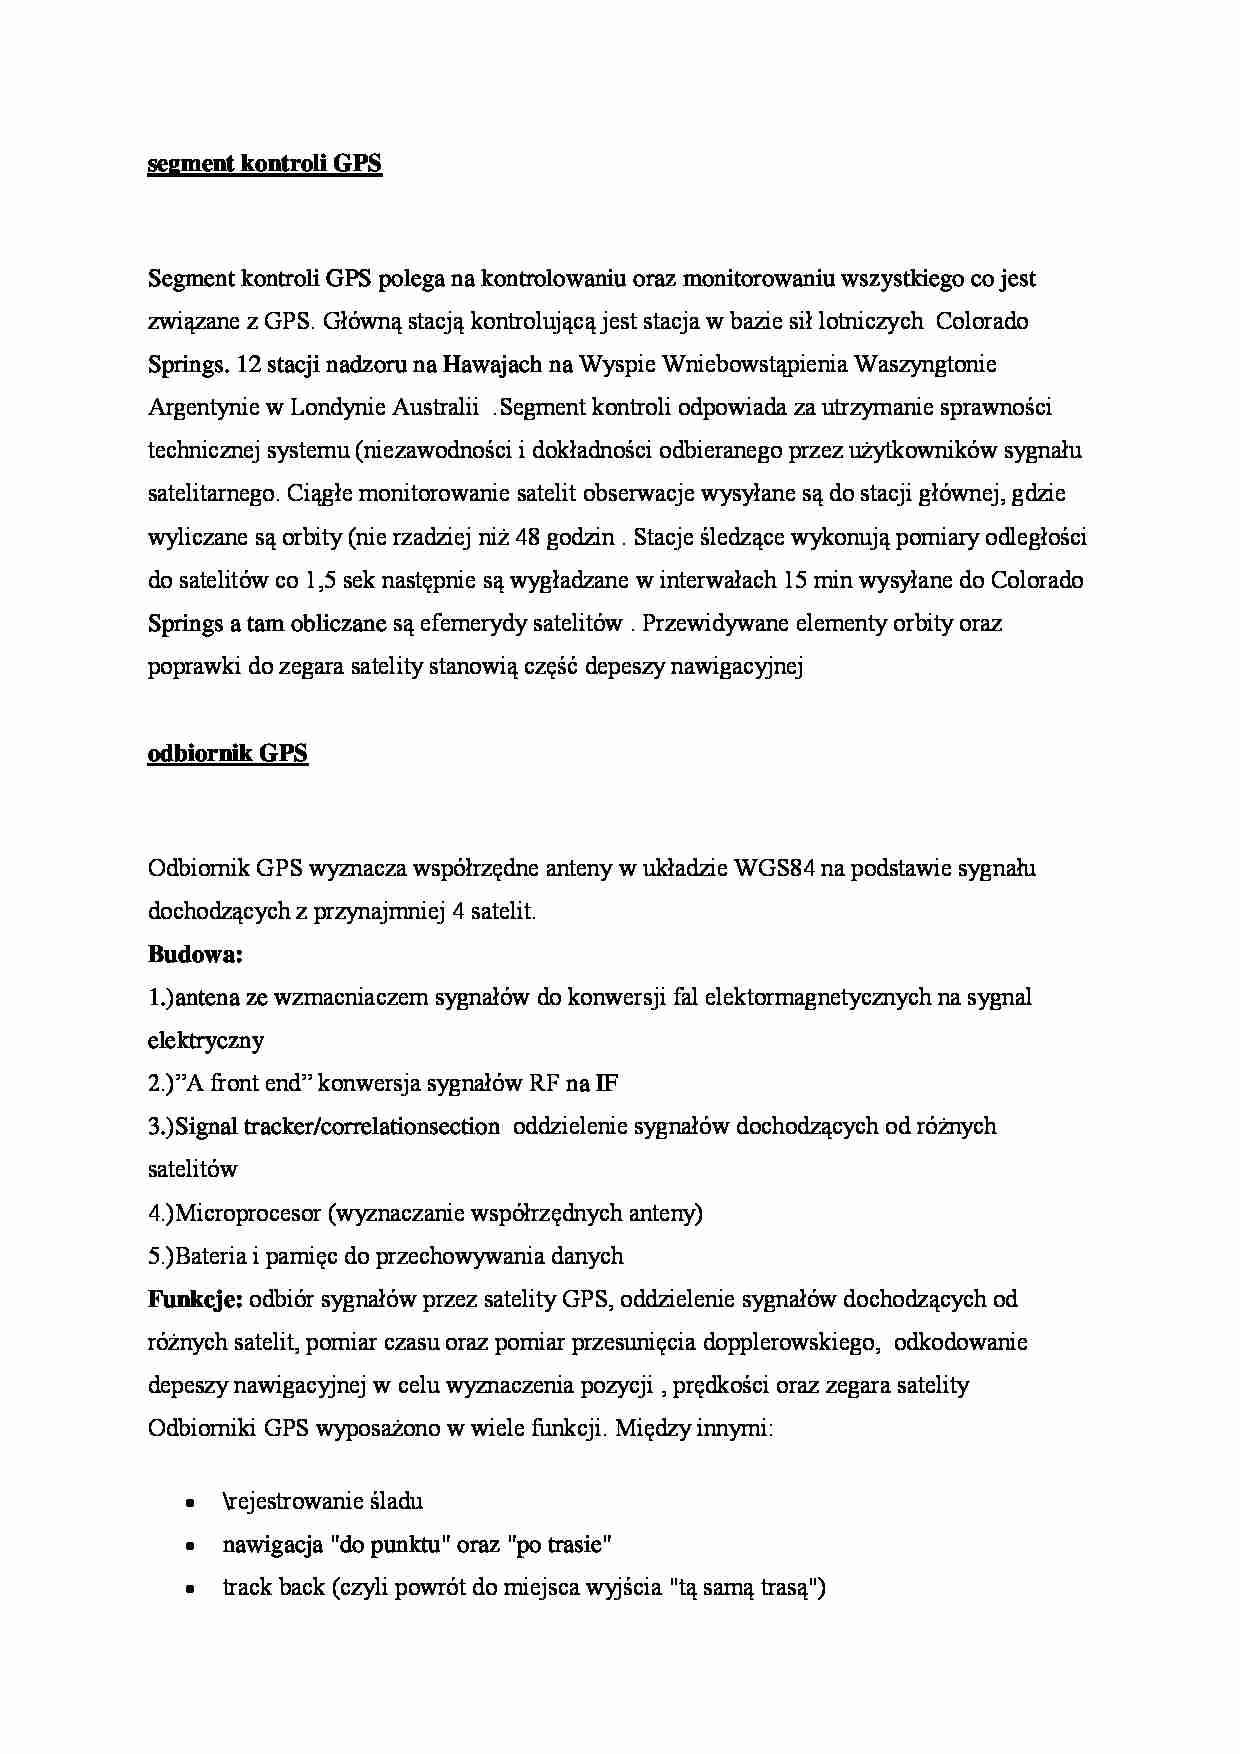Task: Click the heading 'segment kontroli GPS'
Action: coord(264,164)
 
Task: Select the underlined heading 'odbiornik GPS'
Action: coord(227,753)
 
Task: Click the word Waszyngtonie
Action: coord(924,364)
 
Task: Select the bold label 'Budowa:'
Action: coord(195,954)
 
